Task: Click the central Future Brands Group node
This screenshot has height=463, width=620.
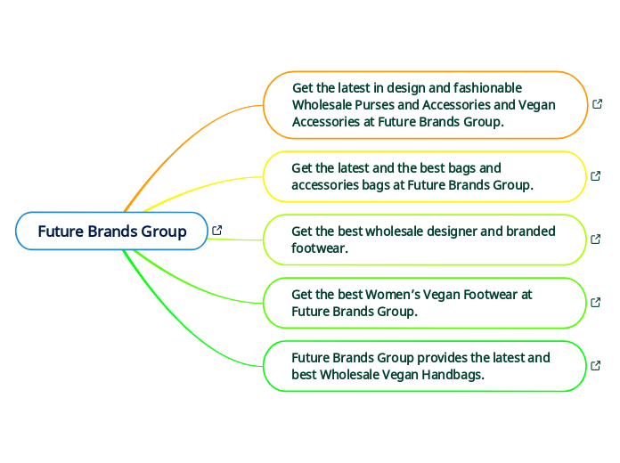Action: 111,231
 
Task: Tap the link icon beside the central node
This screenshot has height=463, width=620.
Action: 216,231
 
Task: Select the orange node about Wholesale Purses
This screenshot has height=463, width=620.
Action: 425,105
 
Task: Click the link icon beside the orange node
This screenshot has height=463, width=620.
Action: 597,104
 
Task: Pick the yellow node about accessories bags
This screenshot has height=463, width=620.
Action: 423,176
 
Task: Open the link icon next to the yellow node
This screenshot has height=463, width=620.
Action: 596,175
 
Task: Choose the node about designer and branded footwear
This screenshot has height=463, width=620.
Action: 423,240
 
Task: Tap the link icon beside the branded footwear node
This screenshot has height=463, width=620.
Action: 596,239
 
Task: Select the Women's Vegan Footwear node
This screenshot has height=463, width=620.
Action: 423,303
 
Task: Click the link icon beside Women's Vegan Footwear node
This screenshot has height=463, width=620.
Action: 596,302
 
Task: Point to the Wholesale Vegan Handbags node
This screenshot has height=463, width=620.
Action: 423,366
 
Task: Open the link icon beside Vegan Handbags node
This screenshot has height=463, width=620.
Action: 596,365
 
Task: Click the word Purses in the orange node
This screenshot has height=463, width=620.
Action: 374,105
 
